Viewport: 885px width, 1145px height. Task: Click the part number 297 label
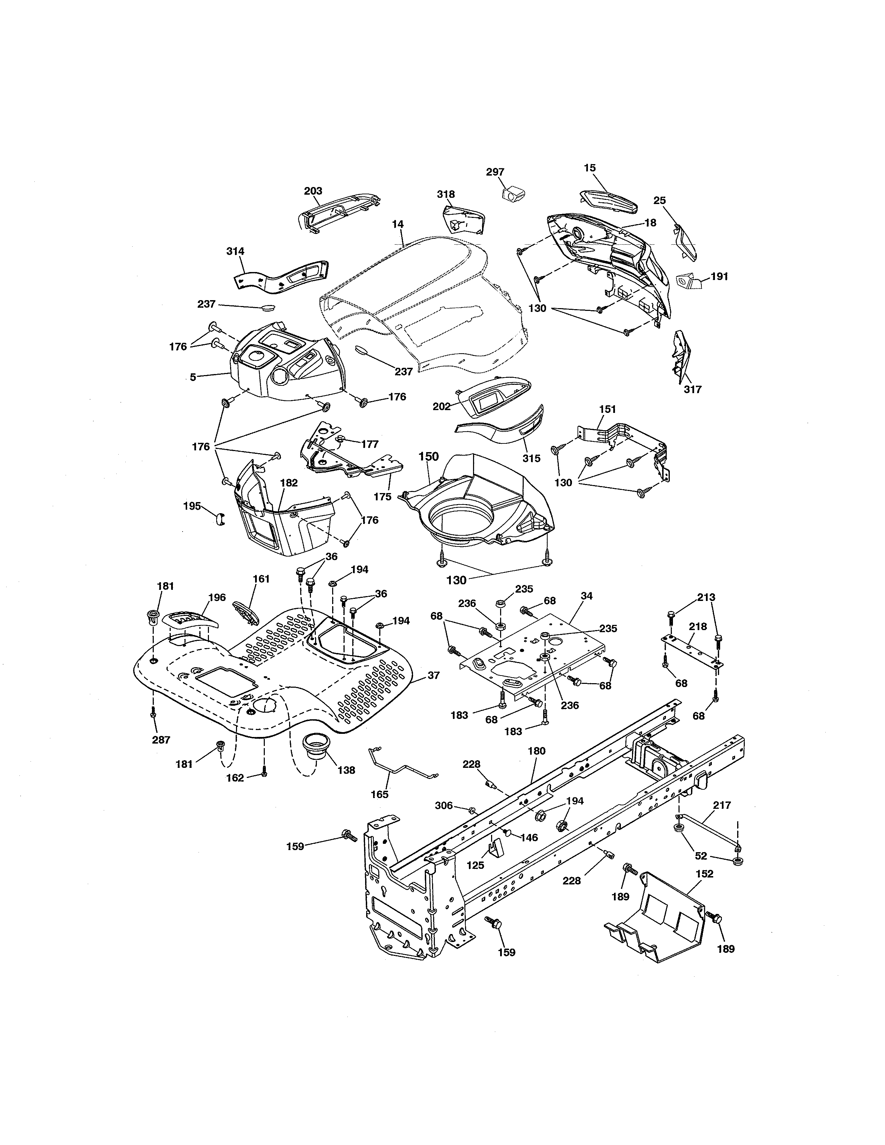[495, 172]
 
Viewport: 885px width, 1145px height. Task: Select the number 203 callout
[313, 191]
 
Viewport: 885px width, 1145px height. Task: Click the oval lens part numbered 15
[608, 201]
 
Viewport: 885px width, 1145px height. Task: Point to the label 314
[235, 251]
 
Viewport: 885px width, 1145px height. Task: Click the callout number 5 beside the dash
[193, 377]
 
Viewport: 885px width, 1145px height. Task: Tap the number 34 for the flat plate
[587, 596]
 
